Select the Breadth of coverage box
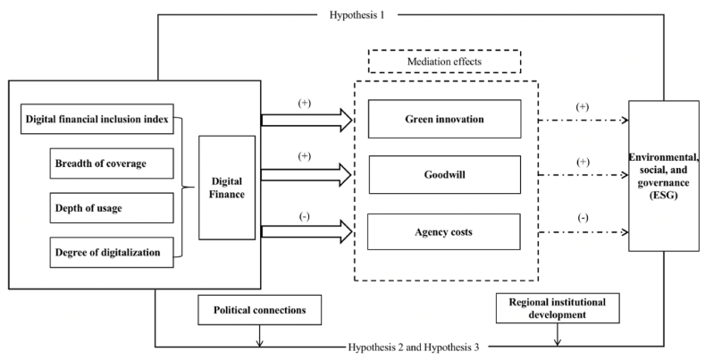coord(110,163)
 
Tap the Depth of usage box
coord(110,207)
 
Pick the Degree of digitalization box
coord(110,252)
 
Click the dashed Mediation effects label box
coord(444,61)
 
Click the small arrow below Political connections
coord(259,337)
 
